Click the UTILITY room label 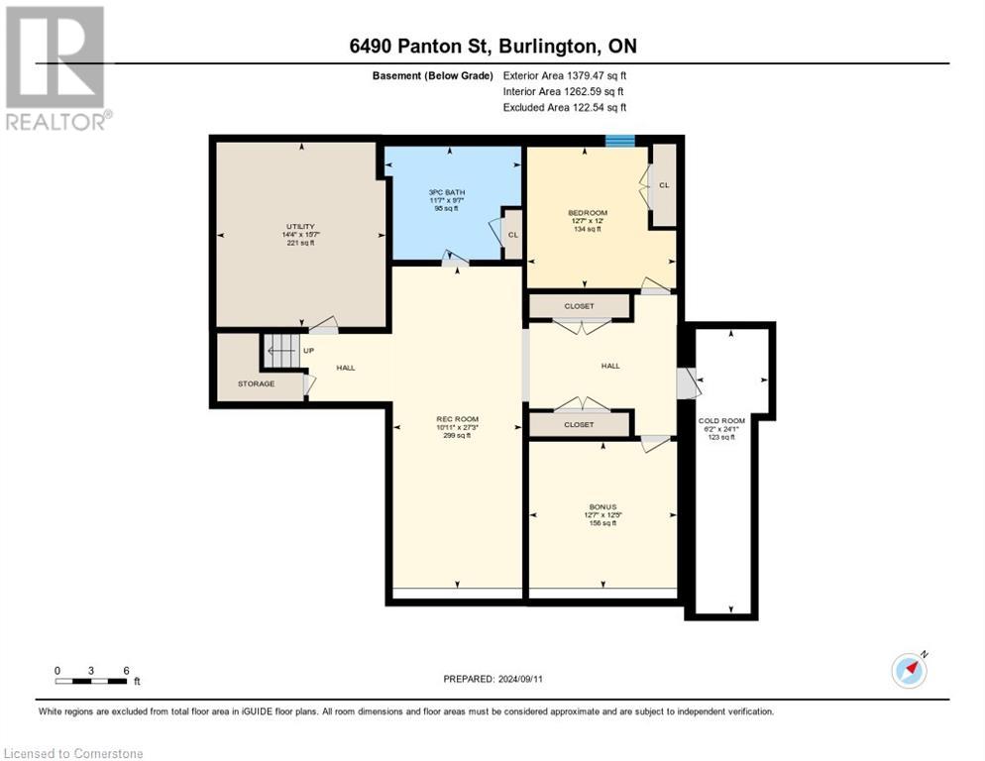click(300, 227)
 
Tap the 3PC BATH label click(448, 191)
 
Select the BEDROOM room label click(587, 213)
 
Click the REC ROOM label click(457, 419)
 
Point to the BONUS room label click(602, 506)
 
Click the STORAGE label click(256, 383)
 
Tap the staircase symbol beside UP click(279, 350)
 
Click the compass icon click(909, 670)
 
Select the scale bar click(91, 681)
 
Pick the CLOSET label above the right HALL click(579, 306)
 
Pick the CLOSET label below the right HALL click(579, 424)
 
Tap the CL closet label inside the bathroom click(512, 235)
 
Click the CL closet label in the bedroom click(664, 184)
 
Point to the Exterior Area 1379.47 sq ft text click(565, 75)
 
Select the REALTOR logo click(55, 67)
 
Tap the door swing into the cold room click(687, 382)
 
